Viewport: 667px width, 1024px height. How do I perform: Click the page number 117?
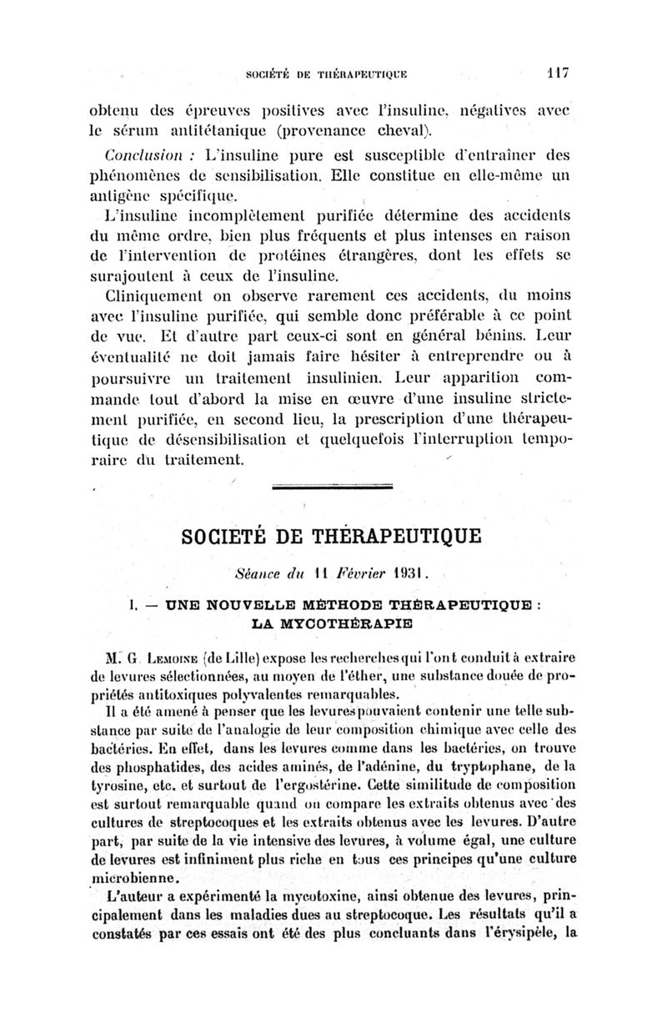pyautogui.click(x=556, y=73)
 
